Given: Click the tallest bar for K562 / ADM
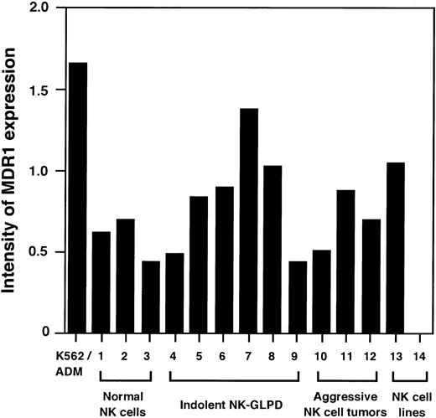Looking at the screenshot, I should pos(78,198).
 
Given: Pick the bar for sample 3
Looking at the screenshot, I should pos(151,297).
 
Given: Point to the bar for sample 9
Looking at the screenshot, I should pos(297,297).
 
